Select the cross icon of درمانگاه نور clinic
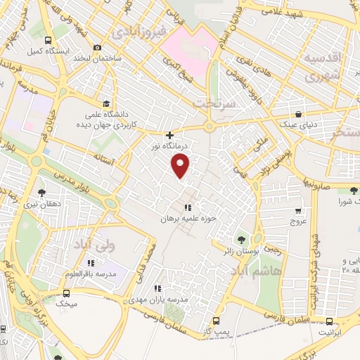tap(169, 135)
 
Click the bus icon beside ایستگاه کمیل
tap(47, 40)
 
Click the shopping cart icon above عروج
tap(298, 210)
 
